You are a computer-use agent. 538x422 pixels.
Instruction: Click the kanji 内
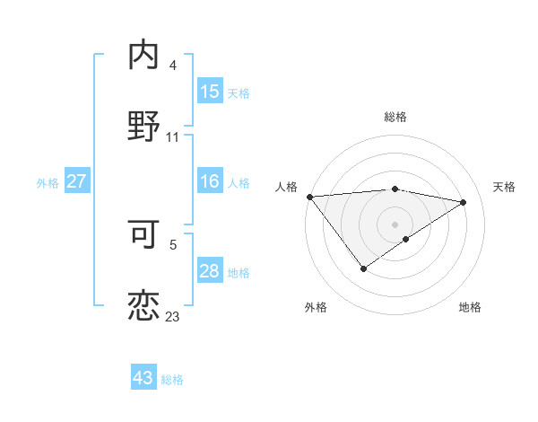pyautogui.click(x=143, y=56)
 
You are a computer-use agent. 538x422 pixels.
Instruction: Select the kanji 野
pyautogui.click(x=143, y=127)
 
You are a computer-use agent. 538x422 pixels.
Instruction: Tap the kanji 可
pyautogui.click(x=143, y=233)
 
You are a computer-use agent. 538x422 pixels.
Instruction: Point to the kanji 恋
pyautogui.click(x=143, y=305)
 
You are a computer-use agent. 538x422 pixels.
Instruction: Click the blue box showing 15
pyautogui.click(x=210, y=92)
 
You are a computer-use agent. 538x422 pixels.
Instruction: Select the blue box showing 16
pyautogui.click(x=210, y=181)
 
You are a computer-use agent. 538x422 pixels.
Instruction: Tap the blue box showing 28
pyautogui.click(x=210, y=271)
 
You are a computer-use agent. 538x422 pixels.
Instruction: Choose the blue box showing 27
pyautogui.click(x=76, y=181)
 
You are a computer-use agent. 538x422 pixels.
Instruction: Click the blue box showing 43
pyautogui.click(x=143, y=378)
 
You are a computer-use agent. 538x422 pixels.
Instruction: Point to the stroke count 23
pyautogui.click(x=172, y=316)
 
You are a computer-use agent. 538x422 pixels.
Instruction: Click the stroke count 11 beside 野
pyautogui.click(x=173, y=137)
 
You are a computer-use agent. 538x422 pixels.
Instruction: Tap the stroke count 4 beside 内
pyautogui.click(x=173, y=66)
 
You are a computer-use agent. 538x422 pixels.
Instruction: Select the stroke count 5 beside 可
pyautogui.click(x=173, y=244)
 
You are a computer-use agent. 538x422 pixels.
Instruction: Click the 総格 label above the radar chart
pyautogui.click(x=395, y=117)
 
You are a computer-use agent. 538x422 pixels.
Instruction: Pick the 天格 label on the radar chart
pyautogui.click(x=504, y=187)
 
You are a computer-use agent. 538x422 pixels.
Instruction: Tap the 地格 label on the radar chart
pyautogui.click(x=470, y=307)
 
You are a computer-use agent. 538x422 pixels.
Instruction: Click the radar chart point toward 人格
pyautogui.click(x=309, y=196)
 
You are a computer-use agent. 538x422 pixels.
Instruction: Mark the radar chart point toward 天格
pyautogui.click(x=464, y=202)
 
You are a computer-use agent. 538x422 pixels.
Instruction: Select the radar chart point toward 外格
pyautogui.click(x=363, y=268)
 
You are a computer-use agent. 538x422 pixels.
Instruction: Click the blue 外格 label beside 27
pyautogui.click(x=48, y=182)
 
